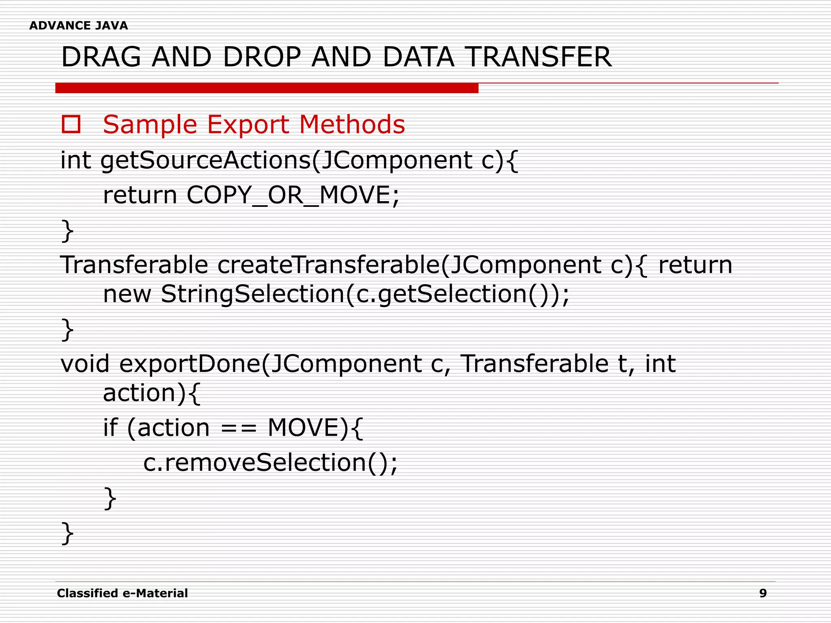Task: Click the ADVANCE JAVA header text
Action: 78,26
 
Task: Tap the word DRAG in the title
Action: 101,57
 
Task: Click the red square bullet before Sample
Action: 71,124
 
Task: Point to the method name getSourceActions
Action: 205,160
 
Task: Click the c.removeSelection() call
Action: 270,462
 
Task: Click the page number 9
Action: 763,593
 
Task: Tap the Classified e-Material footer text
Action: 122,593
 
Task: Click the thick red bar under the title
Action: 267,88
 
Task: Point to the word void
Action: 85,363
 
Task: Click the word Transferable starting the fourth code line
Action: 134,265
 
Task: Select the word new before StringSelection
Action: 127,294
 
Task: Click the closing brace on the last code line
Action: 67,533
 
